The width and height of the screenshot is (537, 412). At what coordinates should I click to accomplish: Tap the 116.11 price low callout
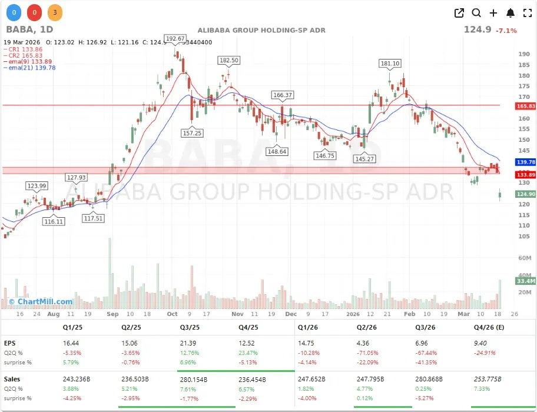[53, 221]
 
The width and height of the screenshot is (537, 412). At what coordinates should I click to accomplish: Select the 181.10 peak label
[390, 64]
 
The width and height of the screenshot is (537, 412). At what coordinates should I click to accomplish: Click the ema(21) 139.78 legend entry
[30, 68]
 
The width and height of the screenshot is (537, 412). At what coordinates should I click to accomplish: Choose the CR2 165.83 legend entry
[26, 55]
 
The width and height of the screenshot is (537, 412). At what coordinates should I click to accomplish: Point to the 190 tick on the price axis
[523, 54]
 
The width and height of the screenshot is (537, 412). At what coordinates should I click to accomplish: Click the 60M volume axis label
[524, 258]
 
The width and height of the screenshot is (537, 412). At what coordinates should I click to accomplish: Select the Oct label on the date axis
[172, 314]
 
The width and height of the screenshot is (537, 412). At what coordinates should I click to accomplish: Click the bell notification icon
[511, 13]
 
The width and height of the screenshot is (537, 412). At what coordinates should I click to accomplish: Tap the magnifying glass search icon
[476, 13]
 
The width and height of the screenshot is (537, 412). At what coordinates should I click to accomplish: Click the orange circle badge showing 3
[55, 12]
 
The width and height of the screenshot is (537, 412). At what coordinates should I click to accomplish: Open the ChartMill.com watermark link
[41, 301]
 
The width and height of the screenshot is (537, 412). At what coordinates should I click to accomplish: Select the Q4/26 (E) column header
[488, 327]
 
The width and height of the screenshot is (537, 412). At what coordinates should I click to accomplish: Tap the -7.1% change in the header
[506, 31]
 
